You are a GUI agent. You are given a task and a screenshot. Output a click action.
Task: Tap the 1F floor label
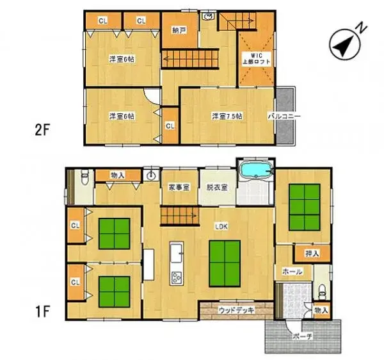(x=42, y=314)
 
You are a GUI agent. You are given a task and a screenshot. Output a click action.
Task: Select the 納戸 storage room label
(x=179, y=30)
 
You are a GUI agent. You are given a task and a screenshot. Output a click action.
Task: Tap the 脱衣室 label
(x=216, y=188)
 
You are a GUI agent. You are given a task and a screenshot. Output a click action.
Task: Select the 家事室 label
(x=179, y=188)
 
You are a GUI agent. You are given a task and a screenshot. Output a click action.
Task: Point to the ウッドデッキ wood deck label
(x=236, y=311)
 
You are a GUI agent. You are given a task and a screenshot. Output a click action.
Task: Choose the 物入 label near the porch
(x=321, y=311)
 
